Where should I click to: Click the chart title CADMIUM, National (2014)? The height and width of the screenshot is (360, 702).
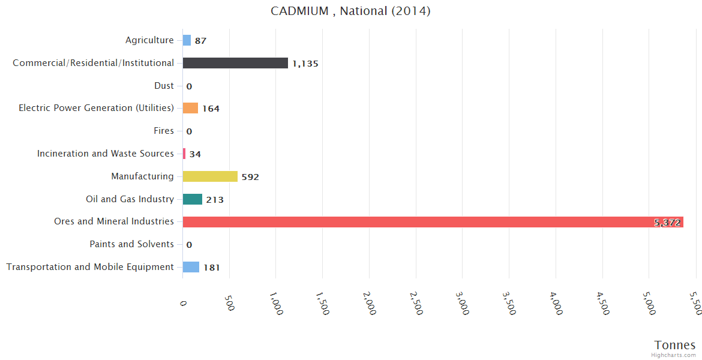pos(350,11)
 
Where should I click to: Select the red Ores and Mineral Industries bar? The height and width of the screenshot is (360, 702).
pos(432,222)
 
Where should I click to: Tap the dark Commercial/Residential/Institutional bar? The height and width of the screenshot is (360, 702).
pos(235,63)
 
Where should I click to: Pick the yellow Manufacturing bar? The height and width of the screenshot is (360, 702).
pos(210,176)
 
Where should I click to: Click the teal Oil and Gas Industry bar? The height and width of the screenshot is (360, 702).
pos(193,199)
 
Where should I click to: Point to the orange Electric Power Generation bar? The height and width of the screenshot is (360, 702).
pos(190,108)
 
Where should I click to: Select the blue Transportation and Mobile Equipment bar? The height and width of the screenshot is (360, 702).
pos(191,267)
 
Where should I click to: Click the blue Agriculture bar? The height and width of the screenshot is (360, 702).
pos(187,40)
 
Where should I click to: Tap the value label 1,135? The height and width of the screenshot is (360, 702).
pos(305,64)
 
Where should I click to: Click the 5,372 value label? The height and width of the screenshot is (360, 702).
pos(667,223)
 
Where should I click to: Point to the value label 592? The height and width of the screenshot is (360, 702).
pos(250,177)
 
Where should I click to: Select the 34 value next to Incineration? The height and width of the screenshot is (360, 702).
pos(195,154)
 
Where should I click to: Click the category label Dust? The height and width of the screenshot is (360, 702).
pos(164,86)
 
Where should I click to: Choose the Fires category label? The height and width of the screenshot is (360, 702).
pos(164,131)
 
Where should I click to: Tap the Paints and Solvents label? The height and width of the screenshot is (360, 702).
pos(131,244)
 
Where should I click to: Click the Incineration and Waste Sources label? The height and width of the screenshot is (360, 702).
pos(106,154)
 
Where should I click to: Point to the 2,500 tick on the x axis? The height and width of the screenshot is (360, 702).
pos(415,304)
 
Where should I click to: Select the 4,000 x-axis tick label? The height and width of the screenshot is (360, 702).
pos(555,304)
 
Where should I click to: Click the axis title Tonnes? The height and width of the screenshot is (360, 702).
pos(675,345)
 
